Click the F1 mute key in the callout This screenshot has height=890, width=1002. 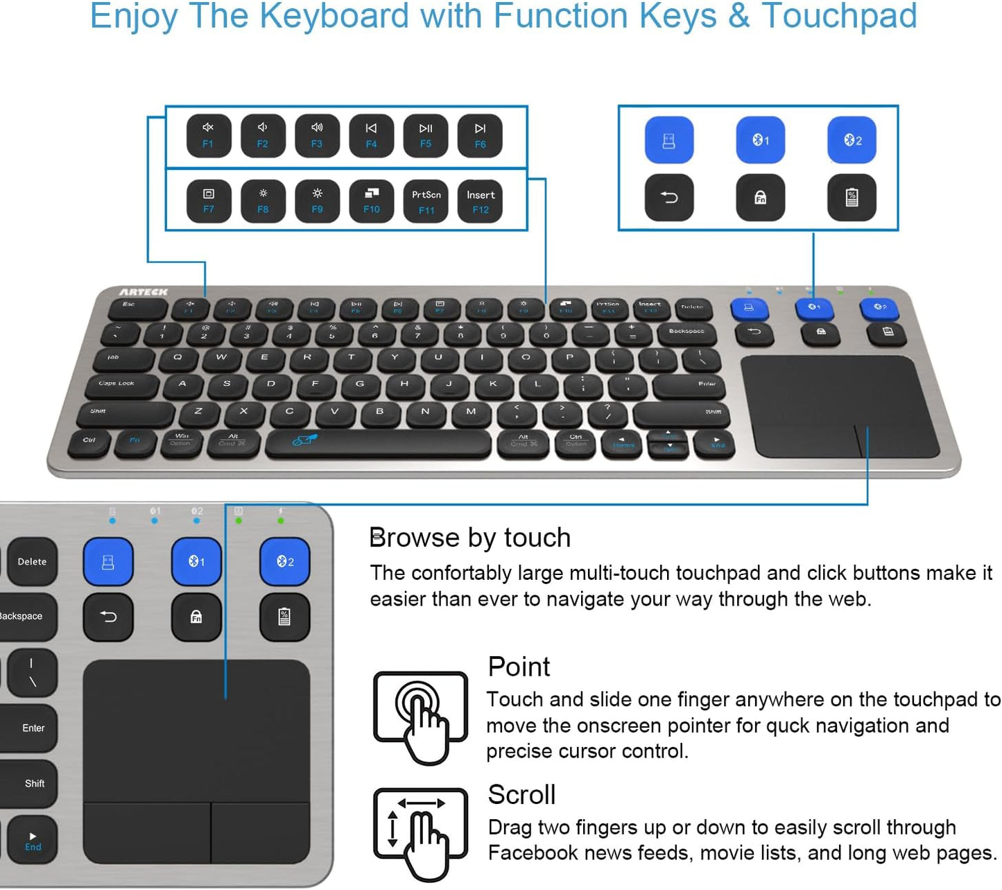click(208, 135)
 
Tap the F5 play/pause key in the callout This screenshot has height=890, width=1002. click(426, 135)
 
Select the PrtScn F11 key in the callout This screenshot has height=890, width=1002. click(426, 201)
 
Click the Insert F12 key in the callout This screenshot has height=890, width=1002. click(481, 201)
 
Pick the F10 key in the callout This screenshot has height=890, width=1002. click(372, 201)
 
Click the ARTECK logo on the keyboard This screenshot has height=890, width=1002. click(144, 292)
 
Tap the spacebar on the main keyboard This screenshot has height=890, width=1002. click(378, 442)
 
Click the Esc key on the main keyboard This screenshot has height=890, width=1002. click(130, 306)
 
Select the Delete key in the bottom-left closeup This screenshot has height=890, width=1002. click(32, 561)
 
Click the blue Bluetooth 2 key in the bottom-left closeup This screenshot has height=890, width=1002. click(285, 561)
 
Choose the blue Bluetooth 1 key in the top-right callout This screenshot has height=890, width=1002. click(760, 140)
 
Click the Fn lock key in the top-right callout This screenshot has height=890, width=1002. click(760, 198)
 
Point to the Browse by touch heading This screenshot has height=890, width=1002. click(470, 538)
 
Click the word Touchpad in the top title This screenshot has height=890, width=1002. click(839, 17)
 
